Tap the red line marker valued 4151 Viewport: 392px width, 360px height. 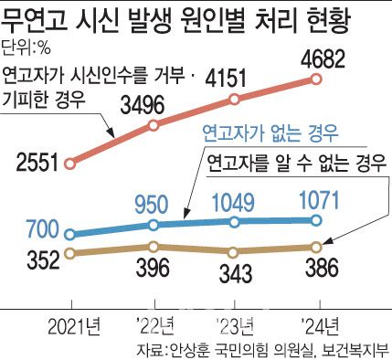point(236,99)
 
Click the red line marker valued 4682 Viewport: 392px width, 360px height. point(316,79)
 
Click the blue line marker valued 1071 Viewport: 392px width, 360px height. point(316,219)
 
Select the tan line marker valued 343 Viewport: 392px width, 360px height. point(236,252)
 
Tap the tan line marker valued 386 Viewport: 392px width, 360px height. point(316,247)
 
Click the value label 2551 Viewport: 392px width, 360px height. point(35,164)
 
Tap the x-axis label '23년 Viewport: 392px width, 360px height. point(236,323)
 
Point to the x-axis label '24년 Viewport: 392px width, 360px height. point(316,323)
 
